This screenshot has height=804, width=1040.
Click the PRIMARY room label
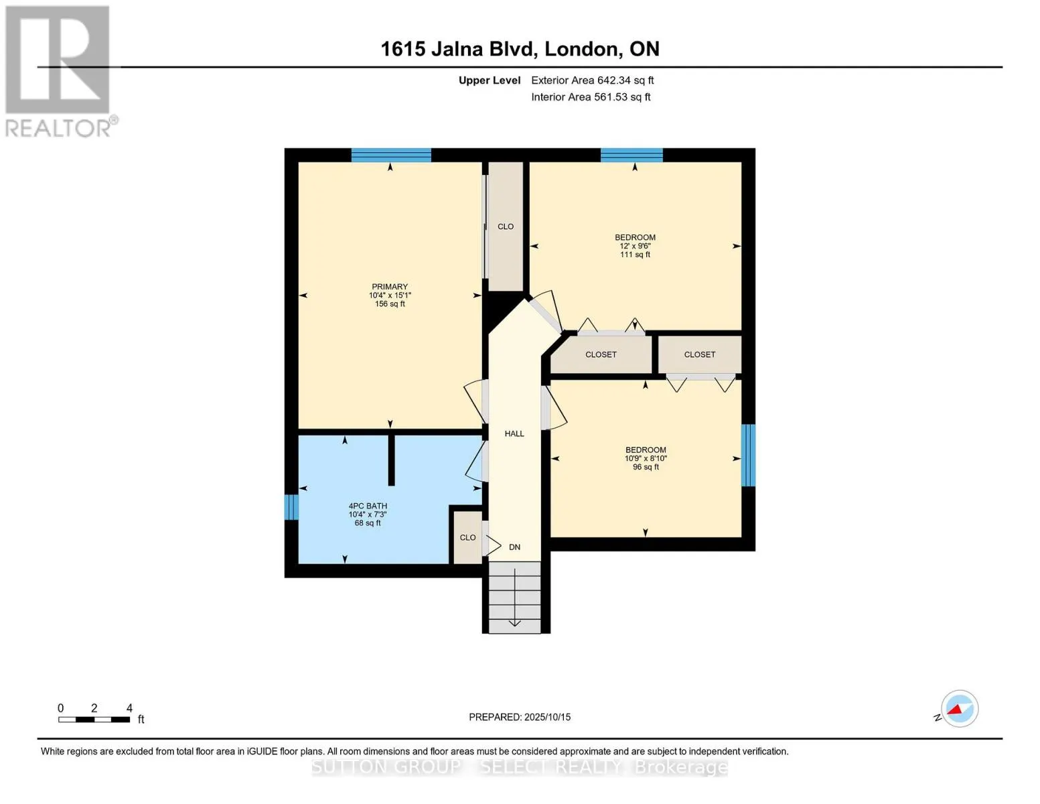point(389,286)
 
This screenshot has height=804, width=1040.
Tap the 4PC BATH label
point(368,506)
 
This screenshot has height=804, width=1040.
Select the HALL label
point(514,433)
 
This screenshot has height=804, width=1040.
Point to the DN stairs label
point(514,547)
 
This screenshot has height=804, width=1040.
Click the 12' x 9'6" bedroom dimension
point(635,246)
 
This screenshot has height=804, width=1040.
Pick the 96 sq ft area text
point(646,467)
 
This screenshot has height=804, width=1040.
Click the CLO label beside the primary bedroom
point(506,226)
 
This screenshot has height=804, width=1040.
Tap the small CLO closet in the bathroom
point(467,537)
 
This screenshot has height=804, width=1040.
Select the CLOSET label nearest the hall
point(601,354)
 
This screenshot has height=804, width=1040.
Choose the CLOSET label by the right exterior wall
point(699,354)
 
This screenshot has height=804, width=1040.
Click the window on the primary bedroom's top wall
point(391,155)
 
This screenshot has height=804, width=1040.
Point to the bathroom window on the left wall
point(291,507)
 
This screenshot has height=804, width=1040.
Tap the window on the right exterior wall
point(748,455)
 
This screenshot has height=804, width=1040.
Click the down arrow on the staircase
point(514,597)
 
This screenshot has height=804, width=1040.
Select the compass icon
point(959,709)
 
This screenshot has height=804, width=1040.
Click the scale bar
point(94,719)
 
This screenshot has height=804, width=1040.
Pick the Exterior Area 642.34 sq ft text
point(592,80)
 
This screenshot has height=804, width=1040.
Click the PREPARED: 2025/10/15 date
point(519,717)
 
